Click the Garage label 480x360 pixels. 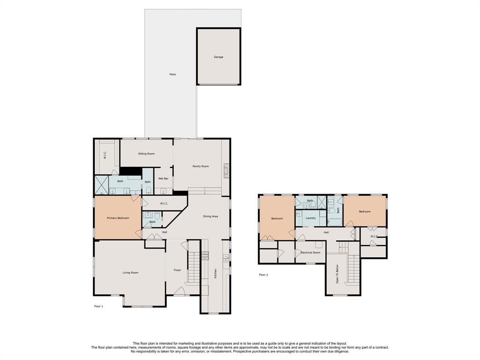click(218, 57)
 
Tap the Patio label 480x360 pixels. click(172, 75)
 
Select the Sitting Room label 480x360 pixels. click(146, 154)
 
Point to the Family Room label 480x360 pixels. click(201, 166)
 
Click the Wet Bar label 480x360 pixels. click(163, 179)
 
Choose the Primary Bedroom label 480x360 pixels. click(118, 218)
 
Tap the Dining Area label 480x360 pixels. click(210, 217)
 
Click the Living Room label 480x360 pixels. click(130, 272)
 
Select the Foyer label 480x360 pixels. click(177, 270)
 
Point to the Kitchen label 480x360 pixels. click(216, 273)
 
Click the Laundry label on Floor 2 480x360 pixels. click(311, 218)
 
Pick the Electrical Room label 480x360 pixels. click(310, 253)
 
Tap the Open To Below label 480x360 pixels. click(337, 274)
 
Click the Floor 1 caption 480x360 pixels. click(98, 306)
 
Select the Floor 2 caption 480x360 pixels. click(263, 275)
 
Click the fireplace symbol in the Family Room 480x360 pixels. click(226, 171)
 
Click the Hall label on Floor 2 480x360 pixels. click(326, 232)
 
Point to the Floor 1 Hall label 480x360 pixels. click(165, 232)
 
